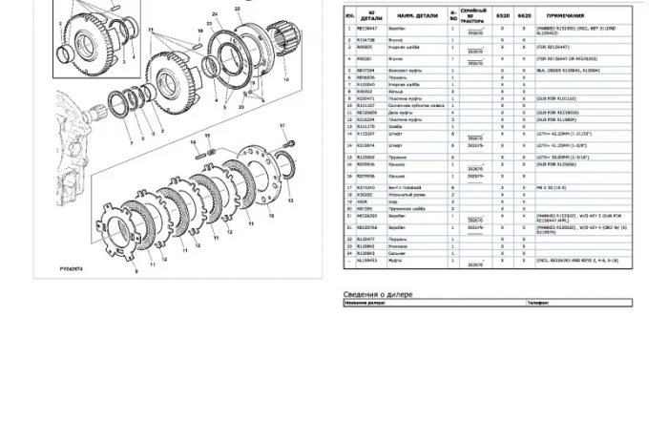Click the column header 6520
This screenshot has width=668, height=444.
coord(502,16)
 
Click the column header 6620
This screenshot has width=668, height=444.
coord(524,16)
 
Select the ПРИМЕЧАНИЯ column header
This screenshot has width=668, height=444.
coord(566,16)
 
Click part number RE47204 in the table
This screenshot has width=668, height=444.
coord(365,71)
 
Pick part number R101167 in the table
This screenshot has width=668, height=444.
coord(365,105)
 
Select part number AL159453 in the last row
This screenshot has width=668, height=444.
coord(366,260)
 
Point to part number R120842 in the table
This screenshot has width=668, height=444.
coord(365,246)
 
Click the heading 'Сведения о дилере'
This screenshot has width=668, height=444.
coord(378,295)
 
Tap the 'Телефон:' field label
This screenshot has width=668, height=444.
coord(538,304)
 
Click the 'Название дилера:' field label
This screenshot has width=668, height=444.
coord(365,304)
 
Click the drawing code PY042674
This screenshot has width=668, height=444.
coord(72,269)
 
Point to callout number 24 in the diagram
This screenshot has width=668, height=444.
coord(215,14)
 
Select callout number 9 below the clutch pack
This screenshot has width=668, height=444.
coord(136,271)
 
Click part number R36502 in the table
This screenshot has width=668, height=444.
coord(365,195)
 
